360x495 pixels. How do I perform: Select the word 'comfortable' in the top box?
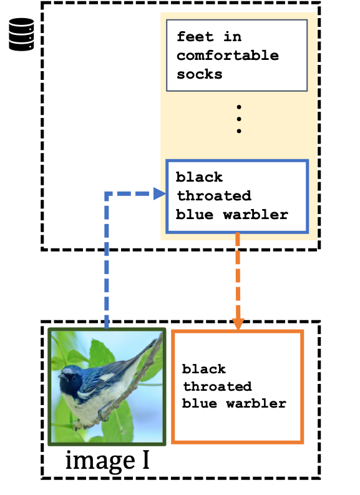(227, 56)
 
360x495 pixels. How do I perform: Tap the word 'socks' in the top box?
(200, 74)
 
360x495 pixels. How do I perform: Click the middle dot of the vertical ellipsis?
(238, 119)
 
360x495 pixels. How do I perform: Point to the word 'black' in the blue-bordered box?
(200, 177)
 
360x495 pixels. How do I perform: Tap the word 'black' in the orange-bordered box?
(204, 369)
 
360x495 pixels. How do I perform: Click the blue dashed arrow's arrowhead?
(159, 194)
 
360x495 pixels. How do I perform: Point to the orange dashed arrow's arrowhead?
(238, 324)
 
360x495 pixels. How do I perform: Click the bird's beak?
(60, 377)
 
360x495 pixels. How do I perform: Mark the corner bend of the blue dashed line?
(107, 195)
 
